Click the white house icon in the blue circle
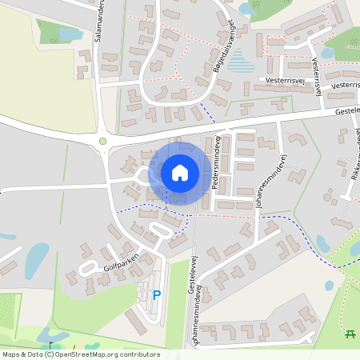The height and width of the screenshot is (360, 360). click(x=180, y=173)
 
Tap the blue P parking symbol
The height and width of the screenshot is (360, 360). click(x=157, y=295)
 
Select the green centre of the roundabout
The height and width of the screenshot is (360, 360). click(x=102, y=142)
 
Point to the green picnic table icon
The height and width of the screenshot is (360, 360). click(x=350, y=334)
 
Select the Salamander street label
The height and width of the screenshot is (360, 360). click(x=99, y=21)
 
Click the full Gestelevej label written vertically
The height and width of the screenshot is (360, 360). click(x=192, y=272)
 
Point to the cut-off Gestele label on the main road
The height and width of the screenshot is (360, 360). click(x=346, y=113)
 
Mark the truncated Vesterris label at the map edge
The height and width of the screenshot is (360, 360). click(x=346, y=85)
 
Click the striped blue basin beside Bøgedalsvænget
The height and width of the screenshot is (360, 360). click(x=238, y=61)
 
